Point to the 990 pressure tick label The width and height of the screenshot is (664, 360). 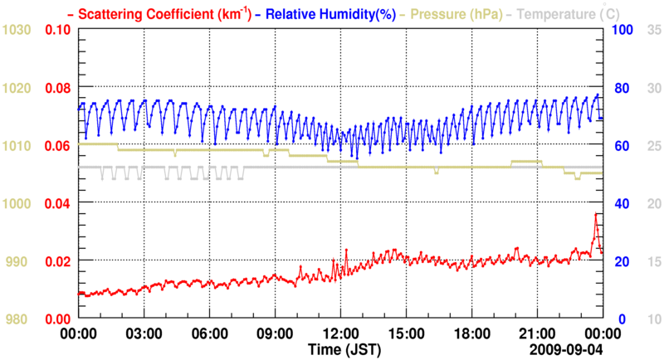[x=20, y=261]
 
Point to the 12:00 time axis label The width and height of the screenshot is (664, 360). [x=340, y=333]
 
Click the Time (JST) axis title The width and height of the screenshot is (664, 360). [x=341, y=348]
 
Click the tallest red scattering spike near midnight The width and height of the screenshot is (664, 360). [x=595, y=214]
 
